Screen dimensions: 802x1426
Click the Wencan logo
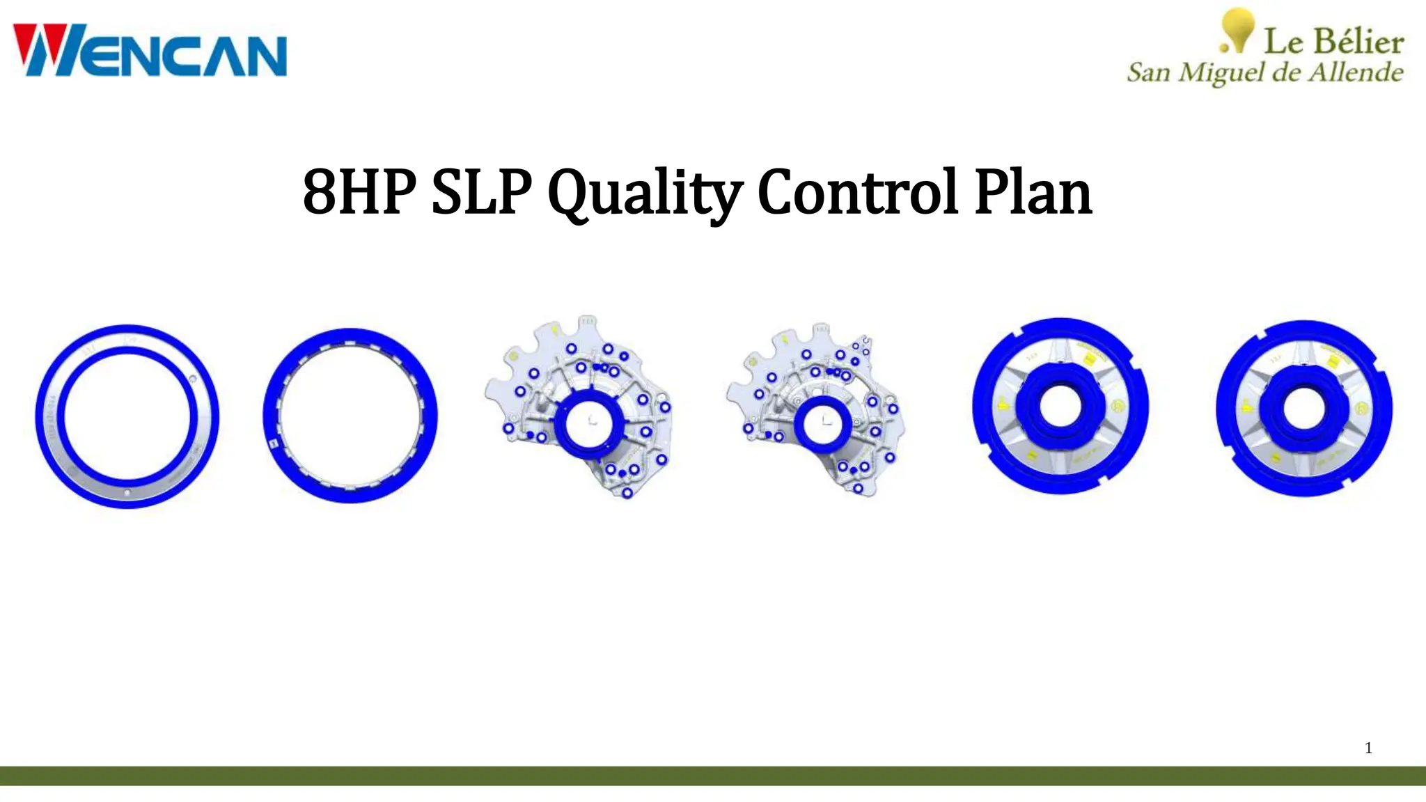click(x=150, y=50)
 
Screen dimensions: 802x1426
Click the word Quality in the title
click(x=645, y=193)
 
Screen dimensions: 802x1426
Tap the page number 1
click(x=1368, y=748)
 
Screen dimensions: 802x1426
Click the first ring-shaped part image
click(x=127, y=416)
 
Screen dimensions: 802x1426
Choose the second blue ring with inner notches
click(x=350, y=416)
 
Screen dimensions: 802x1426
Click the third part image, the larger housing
click(x=581, y=407)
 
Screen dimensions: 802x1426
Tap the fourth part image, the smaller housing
click(x=818, y=411)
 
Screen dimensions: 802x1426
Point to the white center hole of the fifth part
click(x=1060, y=407)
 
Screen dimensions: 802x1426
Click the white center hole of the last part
click(x=1303, y=408)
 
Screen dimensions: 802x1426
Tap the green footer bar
click(x=713, y=776)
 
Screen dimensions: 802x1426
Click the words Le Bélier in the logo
click(x=1333, y=42)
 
